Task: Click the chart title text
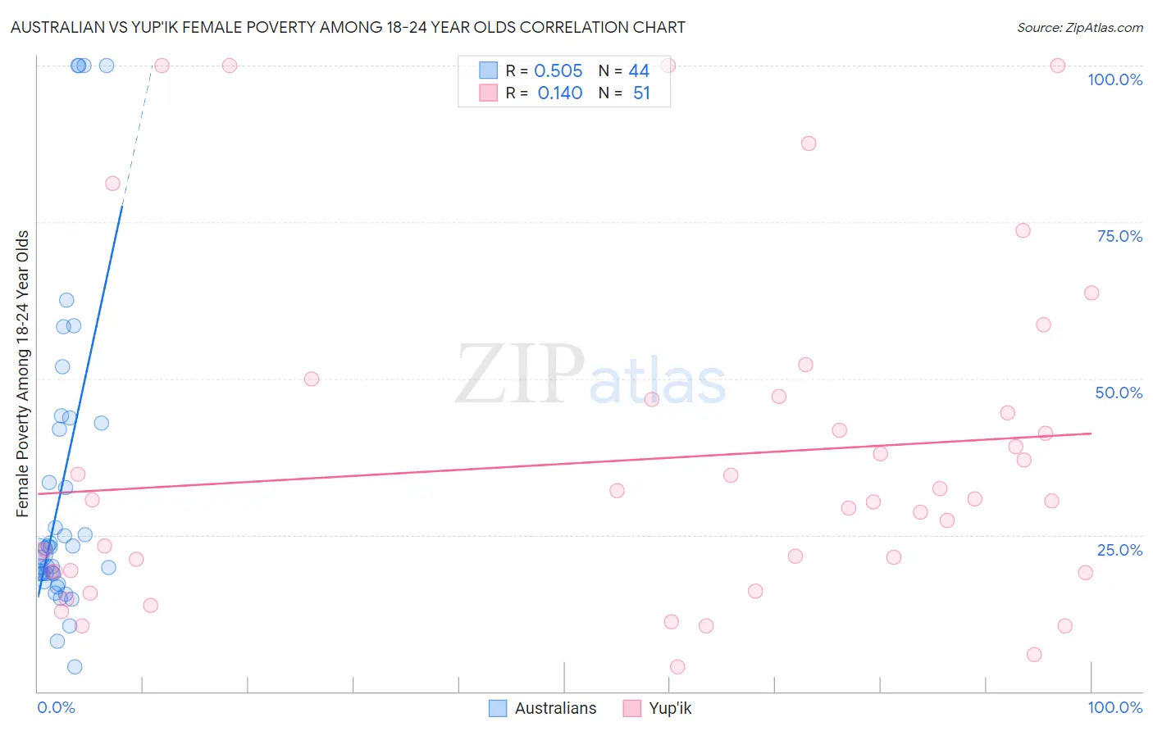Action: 348,27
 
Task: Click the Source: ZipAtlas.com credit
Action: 1079,27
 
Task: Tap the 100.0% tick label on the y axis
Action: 1114,79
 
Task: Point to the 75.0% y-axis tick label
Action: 1119,236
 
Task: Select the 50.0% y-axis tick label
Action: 1119,393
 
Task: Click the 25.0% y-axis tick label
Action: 1119,550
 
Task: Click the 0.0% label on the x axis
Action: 56,707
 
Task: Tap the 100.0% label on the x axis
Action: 1114,707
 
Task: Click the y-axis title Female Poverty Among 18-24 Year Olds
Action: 23,374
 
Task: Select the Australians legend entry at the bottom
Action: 543,708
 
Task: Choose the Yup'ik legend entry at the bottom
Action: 658,708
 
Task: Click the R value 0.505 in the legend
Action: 558,71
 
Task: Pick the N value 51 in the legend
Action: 641,93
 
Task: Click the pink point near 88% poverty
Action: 809,143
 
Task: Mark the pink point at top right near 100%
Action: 1058,66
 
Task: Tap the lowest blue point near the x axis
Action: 75,667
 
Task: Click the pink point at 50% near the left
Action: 312,379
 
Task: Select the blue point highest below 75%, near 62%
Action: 66,300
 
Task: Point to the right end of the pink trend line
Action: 1091,434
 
